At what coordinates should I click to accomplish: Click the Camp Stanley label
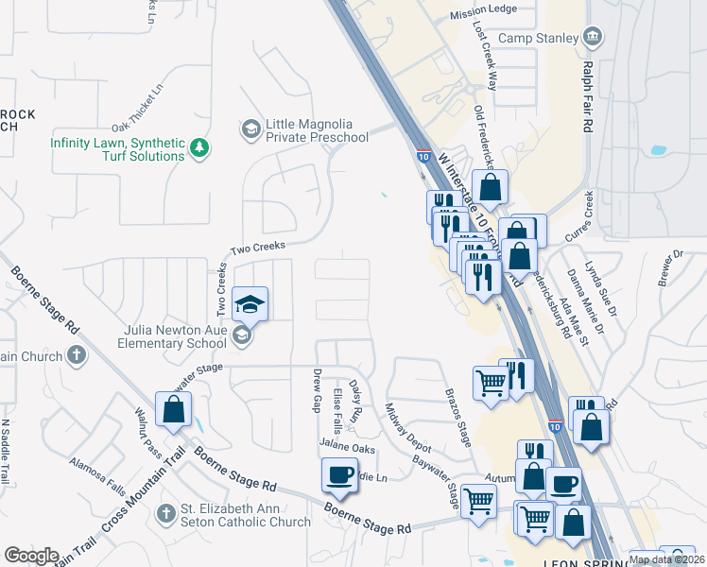(x=538, y=38)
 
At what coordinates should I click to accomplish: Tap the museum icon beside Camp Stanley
(x=593, y=37)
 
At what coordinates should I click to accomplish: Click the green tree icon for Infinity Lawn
(x=198, y=147)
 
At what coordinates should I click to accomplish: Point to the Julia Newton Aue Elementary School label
(x=175, y=337)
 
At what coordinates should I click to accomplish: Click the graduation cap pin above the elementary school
(x=250, y=303)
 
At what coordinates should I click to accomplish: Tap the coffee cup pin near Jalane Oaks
(x=339, y=474)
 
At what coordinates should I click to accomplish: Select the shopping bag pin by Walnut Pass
(x=173, y=409)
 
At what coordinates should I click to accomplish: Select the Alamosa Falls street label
(x=97, y=476)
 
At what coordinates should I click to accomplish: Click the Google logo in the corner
(x=32, y=556)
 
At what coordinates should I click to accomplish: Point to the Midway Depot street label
(x=407, y=426)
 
